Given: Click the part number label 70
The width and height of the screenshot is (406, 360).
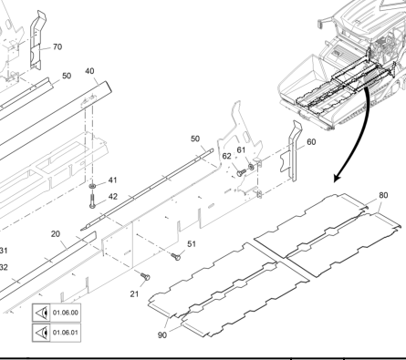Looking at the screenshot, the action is tap(57, 46).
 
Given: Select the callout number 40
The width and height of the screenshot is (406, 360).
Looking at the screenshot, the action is tap(89, 71).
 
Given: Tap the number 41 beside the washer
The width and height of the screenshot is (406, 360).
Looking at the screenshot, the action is tap(113, 180).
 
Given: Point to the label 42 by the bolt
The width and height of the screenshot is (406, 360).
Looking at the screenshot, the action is tap(113, 197).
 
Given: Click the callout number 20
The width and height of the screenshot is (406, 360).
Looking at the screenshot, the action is tap(56, 234).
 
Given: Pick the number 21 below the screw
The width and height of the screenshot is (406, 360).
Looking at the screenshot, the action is tap(134, 293).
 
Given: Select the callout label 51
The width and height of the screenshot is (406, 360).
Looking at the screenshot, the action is tap(192, 244).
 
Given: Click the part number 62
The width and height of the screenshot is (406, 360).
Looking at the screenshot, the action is tap(227, 156).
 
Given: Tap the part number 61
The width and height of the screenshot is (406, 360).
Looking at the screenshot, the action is tap(241, 149).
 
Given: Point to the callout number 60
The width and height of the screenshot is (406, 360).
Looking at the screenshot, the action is tap(311, 142).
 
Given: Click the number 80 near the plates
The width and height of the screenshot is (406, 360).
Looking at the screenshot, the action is tap(384, 195).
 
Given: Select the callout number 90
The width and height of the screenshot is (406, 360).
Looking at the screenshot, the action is tap(162, 335).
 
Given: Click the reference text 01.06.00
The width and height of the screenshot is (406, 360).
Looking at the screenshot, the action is tap(66, 313).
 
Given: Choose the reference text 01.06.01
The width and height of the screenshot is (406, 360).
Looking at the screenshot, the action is tap(66, 333).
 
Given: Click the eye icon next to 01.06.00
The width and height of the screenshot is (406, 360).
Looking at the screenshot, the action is tap(42, 313).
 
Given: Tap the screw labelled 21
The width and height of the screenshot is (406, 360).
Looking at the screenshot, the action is tap(145, 276).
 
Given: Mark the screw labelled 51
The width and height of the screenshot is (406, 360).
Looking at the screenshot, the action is tap(176, 257).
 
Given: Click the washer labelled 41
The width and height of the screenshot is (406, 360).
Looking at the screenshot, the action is tap(92, 186).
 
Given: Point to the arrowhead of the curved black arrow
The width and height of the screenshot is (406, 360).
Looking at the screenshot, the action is tap(336, 180).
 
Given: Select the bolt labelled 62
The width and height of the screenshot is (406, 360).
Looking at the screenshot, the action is tap(241, 173).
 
